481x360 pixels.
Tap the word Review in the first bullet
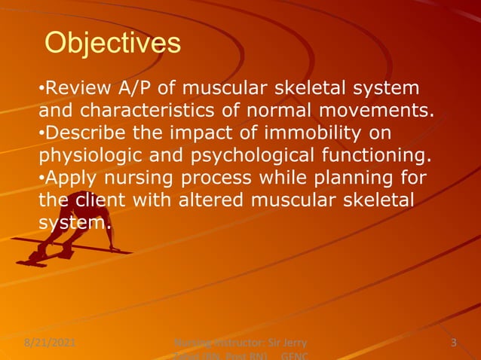point(72,89)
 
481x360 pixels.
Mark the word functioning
point(385,157)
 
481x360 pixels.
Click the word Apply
point(66,179)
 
